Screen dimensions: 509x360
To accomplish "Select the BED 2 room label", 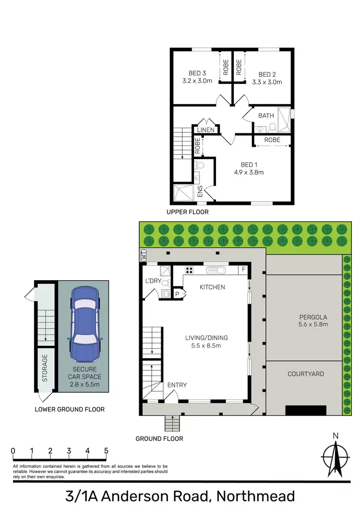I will [267, 74].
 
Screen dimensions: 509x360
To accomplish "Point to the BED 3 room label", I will [197, 73].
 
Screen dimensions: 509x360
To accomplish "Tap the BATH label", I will [266, 116].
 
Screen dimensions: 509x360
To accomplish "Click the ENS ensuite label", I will [200, 191].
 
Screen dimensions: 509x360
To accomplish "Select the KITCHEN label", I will [212, 287].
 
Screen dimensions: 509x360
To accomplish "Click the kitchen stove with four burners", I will [189, 270].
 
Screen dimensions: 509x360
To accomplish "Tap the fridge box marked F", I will [244, 270].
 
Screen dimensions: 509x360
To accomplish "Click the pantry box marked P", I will [177, 293].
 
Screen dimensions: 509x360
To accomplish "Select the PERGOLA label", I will [313, 317].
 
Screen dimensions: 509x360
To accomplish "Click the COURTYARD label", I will [305, 374].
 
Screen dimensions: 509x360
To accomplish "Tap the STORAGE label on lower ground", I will [45, 369].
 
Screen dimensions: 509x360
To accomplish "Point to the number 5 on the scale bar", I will [106, 451].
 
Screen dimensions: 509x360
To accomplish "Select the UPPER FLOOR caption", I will [187, 212].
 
